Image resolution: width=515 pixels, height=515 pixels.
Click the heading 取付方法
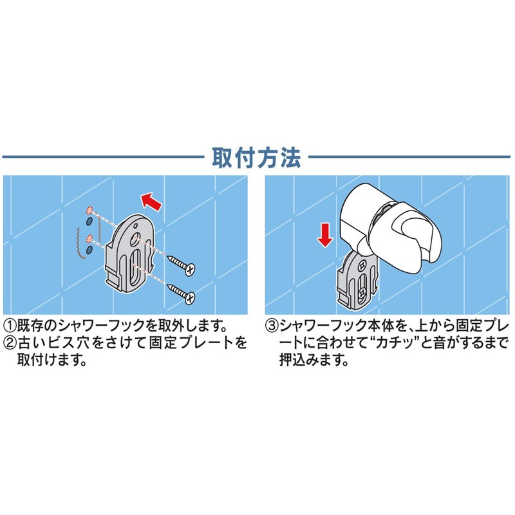pyautogui.click(x=256, y=156)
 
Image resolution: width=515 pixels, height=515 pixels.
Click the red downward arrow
pyautogui.click(x=325, y=235)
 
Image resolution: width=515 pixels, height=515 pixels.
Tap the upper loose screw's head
pyautogui.click(x=190, y=267)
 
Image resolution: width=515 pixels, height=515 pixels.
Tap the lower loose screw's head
pyautogui.click(x=190, y=296)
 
